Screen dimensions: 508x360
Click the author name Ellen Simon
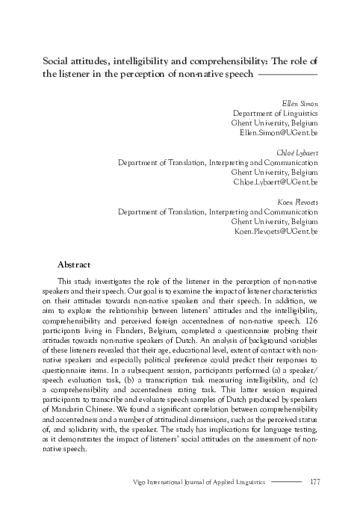[x=302, y=102]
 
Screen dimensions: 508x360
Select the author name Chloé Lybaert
[x=300, y=151]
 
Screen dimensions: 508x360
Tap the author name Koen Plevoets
[x=301, y=202]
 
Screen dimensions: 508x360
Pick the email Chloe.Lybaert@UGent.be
[x=276, y=182]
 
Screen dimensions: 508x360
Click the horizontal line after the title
[x=288, y=75]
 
